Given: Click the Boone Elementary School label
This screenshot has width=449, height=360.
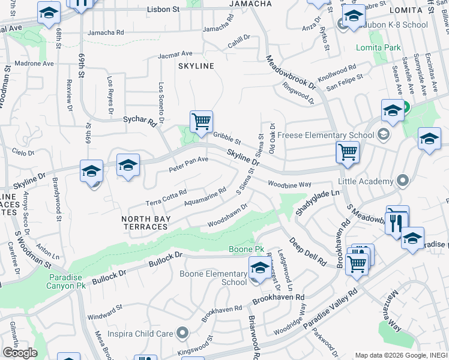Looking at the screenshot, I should [x=213, y=278].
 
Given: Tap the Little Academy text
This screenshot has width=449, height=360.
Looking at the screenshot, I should [x=367, y=181].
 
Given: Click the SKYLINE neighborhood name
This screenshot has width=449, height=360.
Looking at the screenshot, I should [x=196, y=66].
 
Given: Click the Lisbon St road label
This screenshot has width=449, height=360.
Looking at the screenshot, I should [x=164, y=10].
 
